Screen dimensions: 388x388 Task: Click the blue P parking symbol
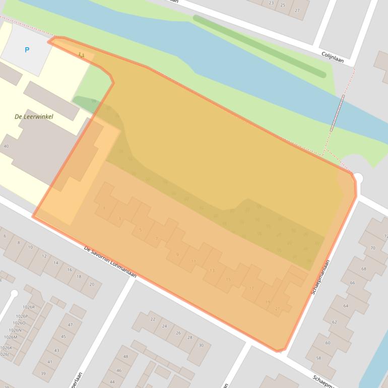(x=27, y=50)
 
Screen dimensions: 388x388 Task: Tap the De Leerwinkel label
(x=34, y=116)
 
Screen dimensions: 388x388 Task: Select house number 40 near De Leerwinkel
(x=6, y=146)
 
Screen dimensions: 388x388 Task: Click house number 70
(x=372, y=248)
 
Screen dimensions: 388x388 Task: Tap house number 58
(x=318, y=358)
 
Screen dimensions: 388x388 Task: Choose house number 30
(x=201, y=345)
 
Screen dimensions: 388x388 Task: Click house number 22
(x=153, y=319)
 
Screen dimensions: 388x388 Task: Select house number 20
(x=91, y=284)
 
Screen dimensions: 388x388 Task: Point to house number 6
(x=5, y=236)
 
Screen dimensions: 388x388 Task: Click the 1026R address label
(x=29, y=307)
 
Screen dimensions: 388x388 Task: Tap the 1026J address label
(x=5, y=354)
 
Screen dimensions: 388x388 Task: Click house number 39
(x=43, y=373)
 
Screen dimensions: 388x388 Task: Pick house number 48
(x=125, y=357)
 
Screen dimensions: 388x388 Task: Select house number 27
(x=297, y=11)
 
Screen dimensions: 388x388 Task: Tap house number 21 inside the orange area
(x=278, y=308)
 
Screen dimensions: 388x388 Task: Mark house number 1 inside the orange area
(x=104, y=208)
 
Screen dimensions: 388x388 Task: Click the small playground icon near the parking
(x=81, y=54)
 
